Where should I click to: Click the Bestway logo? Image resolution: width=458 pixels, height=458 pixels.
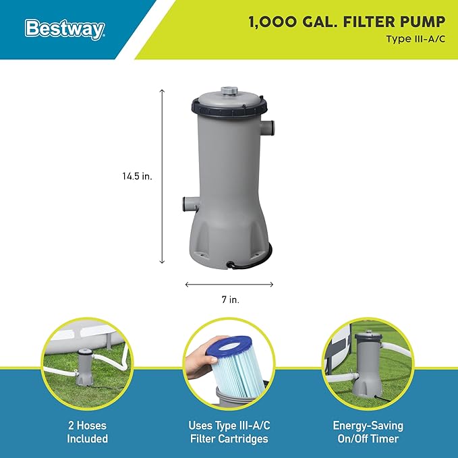pos(65,29)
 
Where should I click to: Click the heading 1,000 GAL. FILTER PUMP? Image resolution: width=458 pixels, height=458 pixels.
pos(347,22)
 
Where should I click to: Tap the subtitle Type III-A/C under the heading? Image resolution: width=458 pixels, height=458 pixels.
pos(416,39)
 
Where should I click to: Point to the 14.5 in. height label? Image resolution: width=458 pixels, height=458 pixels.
pos(138,176)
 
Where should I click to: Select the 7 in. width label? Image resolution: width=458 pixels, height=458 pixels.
pos(231,299)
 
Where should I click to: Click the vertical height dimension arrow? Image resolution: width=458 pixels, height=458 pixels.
pos(162,177)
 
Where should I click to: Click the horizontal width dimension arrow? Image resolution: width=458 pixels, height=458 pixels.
pos(229,284)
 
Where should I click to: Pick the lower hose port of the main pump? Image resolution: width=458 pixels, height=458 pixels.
pos(190,204)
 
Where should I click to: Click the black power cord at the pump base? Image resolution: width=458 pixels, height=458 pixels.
pos(252,260)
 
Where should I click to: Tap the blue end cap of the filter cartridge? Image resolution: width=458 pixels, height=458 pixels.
pos(228,346)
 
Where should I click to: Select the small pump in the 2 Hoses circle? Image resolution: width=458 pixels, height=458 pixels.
pos(84,366)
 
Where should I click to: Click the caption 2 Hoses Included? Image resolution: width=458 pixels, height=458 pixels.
pos(87,432)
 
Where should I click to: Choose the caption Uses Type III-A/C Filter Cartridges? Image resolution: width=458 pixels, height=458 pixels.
pos(229,432)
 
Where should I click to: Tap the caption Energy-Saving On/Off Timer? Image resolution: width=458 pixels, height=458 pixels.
pos(368,432)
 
